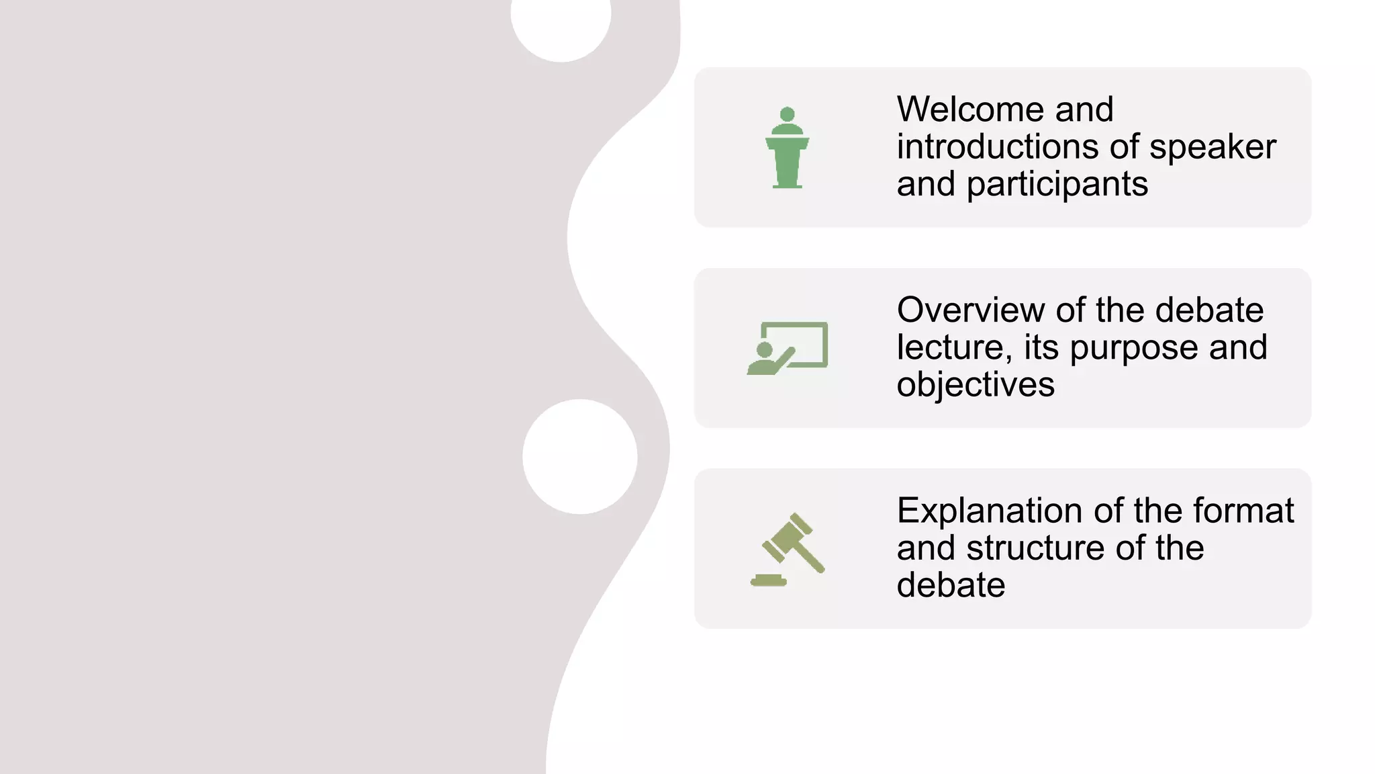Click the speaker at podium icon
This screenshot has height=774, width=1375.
coord(787,148)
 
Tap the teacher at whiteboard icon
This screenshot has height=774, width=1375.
coord(787,348)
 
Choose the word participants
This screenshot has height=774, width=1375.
coord(1057,184)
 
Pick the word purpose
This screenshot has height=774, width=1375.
coord(1134,349)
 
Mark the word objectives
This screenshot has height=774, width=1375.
coord(975,385)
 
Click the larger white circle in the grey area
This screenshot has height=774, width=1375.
coord(579,457)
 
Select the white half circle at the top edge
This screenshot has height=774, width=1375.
coord(561,27)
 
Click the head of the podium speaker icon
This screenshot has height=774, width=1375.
coord(788,114)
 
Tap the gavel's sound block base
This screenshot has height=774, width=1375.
coord(769,580)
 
